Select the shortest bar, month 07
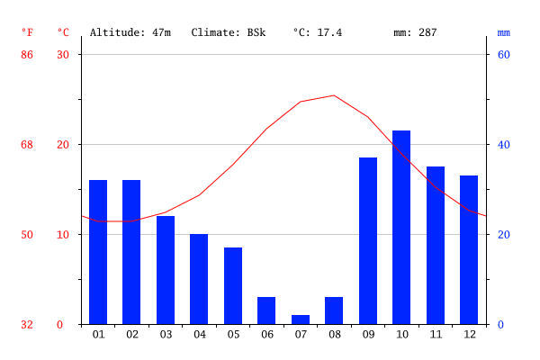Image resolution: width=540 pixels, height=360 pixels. point(301,319)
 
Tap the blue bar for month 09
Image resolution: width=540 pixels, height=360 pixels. point(368,240)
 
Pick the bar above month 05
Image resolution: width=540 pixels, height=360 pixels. point(233,285)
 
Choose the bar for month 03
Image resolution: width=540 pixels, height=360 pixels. point(166,270)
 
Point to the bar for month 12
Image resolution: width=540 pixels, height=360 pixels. point(469,249)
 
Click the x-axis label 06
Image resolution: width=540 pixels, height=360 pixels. point(266,335)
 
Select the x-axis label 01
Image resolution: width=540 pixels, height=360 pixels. point(98,335)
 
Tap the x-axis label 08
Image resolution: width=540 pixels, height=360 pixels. point(334,335)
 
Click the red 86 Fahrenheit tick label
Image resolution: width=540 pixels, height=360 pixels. point(27,55)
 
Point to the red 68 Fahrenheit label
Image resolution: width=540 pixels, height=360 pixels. point(27,145)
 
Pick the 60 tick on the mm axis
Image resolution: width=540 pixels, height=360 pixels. point(504,55)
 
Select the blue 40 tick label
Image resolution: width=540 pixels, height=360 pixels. point(504,145)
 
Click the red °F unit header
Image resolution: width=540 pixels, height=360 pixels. point(27,32)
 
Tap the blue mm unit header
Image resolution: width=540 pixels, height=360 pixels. point(503,32)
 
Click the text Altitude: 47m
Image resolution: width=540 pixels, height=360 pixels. point(130,32)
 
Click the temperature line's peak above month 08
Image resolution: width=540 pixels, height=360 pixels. point(334,95)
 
